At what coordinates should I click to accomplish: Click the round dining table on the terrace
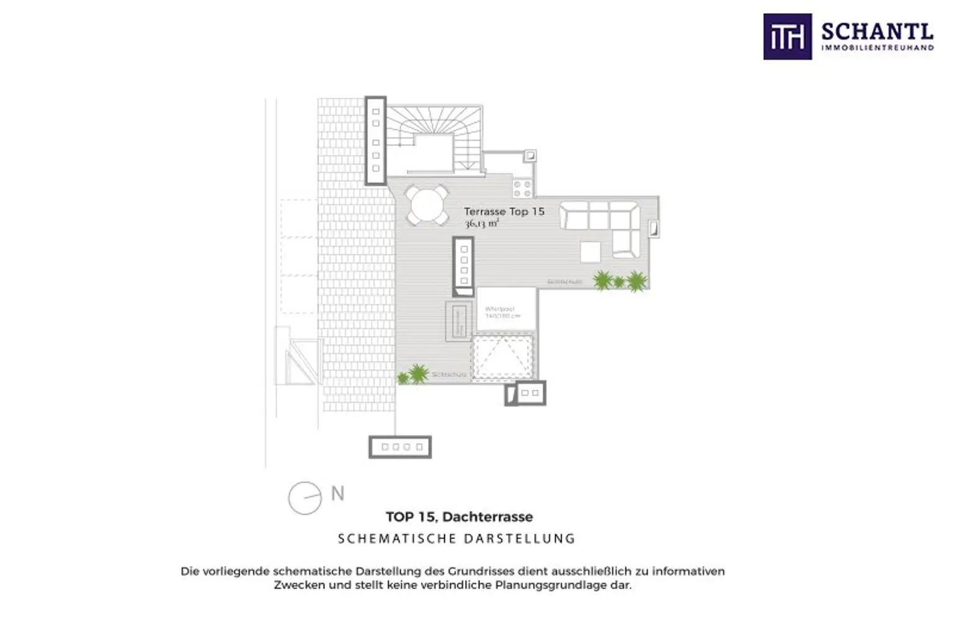[x=427, y=205]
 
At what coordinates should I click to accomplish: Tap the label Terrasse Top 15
[x=504, y=211]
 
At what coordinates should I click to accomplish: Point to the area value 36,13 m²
[x=481, y=223]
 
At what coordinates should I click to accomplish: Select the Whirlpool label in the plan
[x=500, y=309]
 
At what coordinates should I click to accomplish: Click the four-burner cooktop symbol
[x=522, y=188]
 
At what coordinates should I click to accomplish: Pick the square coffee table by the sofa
[x=591, y=251]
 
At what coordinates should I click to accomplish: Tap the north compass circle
[x=305, y=498]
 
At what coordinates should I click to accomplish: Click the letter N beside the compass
[x=337, y=493]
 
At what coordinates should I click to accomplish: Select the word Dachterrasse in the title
[x=488, y=516]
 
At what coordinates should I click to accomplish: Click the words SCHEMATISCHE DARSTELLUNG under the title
[x=457, y=539]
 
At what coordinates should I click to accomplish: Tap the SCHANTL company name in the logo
[x=877, y=31]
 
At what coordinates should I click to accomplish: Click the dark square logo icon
[x=787, y=37]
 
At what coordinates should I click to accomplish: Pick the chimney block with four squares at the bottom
[x=400, y=447]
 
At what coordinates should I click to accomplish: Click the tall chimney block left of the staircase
[x=376, y=140]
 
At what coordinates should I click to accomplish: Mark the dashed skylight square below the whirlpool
[x=502, y=358]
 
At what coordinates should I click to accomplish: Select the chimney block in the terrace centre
[x=463, y=266]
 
